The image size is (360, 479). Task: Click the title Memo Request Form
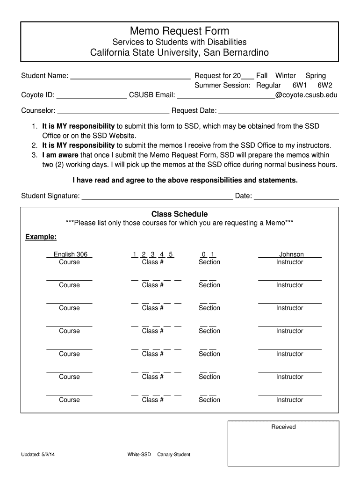(x=180, y=31)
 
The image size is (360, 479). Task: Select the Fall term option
(x=262, y=76)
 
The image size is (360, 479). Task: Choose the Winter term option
(x=285, y=76)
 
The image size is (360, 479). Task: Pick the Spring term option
(x=316, y=76)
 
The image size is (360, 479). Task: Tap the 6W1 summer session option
(x=300, y=86)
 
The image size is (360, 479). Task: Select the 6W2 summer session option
(x=324, y=86)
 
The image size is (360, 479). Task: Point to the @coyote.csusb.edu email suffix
(x=306, y=95)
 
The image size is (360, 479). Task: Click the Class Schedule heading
(x=180, y=214)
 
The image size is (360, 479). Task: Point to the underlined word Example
(x=41, y=237)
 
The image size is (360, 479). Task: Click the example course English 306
(x=70, y=254)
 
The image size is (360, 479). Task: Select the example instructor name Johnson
(x=291, y=254)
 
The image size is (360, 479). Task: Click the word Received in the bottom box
(x=283, y=427)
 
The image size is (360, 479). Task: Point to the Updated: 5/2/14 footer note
(x=38, y=455)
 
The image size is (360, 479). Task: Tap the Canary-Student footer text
(x=173, y=455)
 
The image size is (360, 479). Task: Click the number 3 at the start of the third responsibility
(x=34, y=155)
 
